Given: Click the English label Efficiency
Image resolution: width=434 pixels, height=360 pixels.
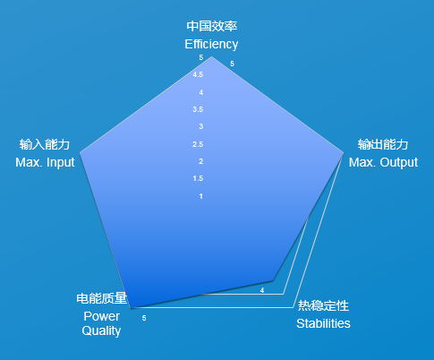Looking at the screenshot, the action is [x=211, y=44].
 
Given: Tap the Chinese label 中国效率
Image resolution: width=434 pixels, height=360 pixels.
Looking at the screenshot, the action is [x=212, y=26].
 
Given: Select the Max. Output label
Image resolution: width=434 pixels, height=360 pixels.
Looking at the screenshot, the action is [x=383, y=162].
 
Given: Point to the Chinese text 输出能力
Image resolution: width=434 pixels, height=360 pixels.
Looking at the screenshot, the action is [x=383, y=144].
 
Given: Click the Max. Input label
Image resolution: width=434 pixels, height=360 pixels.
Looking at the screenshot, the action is [x=45, y=162].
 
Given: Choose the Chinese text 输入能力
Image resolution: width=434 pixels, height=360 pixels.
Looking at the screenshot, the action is [x=45, y=144].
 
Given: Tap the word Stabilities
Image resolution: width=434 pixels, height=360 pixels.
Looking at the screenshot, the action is [x=323, y=323].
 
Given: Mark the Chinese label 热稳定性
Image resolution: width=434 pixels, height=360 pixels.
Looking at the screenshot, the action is [x=323, y=305].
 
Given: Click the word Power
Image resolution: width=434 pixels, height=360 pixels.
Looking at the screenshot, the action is [x=101, y=316].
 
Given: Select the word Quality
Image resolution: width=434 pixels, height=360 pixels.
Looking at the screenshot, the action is [x=101, y=330].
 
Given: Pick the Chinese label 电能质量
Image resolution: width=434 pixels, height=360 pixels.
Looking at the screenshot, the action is [x=102, y=298].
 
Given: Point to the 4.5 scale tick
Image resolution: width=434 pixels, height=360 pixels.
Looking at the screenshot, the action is [x=198, y=74].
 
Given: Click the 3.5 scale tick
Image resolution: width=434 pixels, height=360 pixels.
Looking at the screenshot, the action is [x=198, y=109].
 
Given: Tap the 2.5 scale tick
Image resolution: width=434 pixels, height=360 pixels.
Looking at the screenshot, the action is [x=198, y=144].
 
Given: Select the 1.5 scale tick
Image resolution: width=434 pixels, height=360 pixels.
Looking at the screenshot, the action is [x=198, y=178].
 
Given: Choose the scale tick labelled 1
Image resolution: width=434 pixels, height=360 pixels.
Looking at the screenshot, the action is [x=201, y=196].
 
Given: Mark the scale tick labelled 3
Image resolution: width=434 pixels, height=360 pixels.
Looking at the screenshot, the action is [x=201, y=126].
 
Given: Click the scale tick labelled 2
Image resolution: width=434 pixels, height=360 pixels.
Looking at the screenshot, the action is [x=201, y=161].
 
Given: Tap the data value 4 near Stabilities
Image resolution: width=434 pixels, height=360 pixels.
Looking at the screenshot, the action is [x=262, y=290].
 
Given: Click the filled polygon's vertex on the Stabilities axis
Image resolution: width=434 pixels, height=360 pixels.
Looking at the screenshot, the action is [x=273, y=280].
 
